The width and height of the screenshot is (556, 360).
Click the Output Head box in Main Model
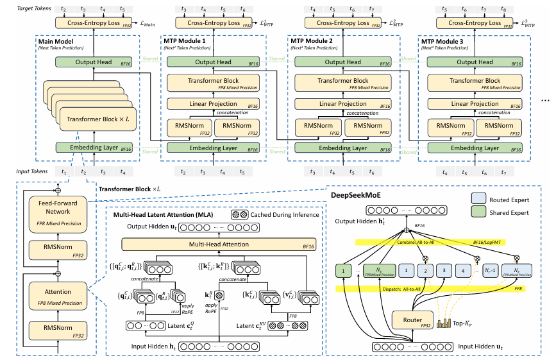(x=94, y=62)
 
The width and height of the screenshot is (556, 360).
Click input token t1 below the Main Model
(x=63, y=171)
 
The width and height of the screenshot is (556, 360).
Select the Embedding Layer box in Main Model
(x=94, y=148)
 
